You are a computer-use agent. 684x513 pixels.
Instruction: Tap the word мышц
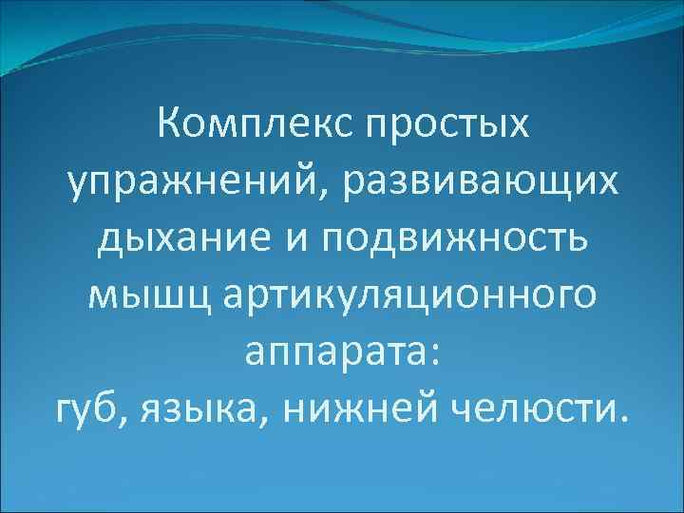(x=142, y=298)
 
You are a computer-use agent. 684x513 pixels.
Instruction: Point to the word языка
(x=197, y=412)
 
